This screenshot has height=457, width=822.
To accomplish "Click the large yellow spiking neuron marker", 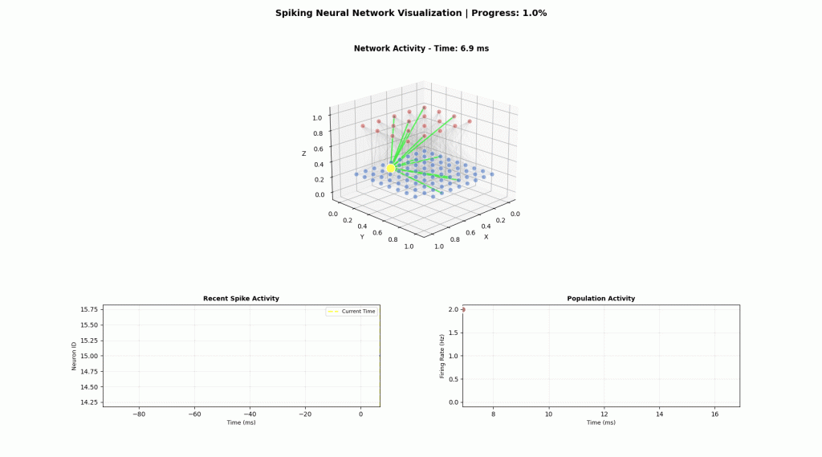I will pos(391,169).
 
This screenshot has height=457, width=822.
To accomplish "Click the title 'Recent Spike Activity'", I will pos(241,299).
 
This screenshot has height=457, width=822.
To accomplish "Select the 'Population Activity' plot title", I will pos(600,299).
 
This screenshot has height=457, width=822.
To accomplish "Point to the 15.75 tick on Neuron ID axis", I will pos(89,309).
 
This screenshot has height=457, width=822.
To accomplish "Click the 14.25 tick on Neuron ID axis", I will pos(89,402).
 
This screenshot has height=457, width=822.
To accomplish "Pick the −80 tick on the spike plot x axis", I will pos(139,414).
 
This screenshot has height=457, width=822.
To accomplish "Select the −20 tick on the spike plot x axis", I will pos(305,414).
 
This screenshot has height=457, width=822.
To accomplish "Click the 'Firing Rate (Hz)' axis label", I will pos(442,356).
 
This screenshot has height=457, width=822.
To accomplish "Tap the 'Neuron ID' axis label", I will pos(74,356).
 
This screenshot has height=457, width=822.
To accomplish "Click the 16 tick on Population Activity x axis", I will pos(714,414).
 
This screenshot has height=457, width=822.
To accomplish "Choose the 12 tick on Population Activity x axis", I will pos(604,414).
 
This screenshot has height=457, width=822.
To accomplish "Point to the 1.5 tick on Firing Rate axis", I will pos(453,333).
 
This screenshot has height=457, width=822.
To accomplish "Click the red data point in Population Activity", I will pos(463,309).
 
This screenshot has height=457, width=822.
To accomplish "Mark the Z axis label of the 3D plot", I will pos(303,153).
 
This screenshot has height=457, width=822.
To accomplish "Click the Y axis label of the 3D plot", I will pos(362,237).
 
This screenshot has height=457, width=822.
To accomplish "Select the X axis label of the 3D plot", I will pos(486,237).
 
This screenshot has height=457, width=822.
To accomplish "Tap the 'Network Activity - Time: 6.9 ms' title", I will pos(421,48).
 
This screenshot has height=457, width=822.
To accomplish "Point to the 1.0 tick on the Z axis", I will pos(319,118).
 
